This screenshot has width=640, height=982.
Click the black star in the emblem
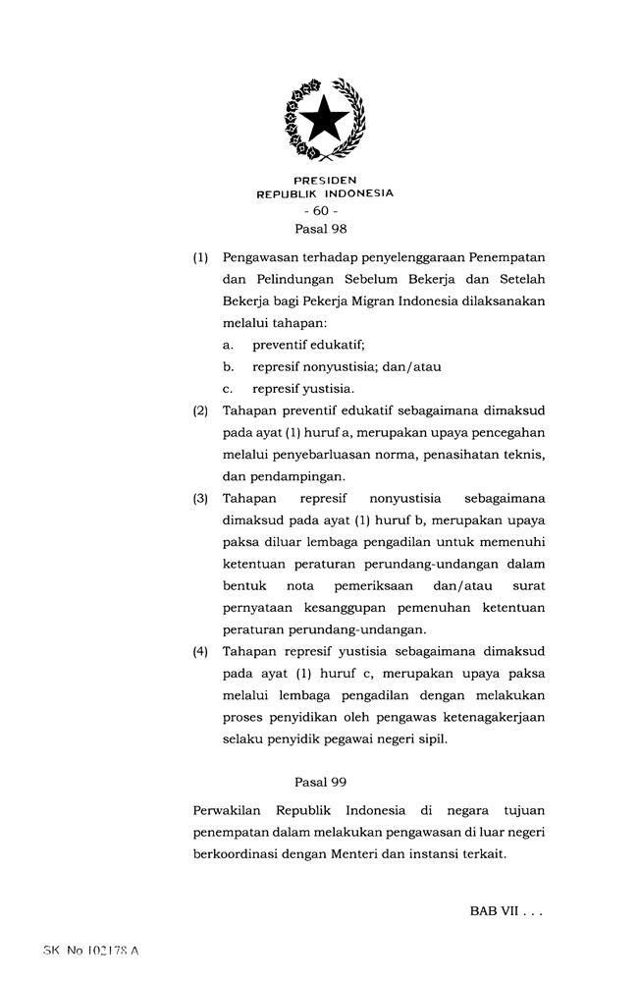[x=324, y=122]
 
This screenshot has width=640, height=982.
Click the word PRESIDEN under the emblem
[x=325, y=181]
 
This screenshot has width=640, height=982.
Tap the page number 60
[x=320, y=211]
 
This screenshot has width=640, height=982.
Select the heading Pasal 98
[x=321, y=228]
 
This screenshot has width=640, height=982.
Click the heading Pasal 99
[x=321, y=782]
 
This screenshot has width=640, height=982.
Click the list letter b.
[x=228, y=367]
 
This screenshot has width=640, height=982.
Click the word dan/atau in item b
[x=413, y=367]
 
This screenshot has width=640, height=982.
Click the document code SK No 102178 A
[x=91, y=952]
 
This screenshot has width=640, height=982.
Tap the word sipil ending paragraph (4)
[x=431, y=739]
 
